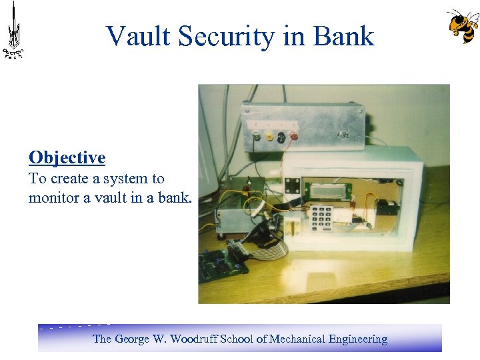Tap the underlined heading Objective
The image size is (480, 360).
tap(67, 158)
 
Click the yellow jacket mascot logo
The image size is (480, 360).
tap(462, 26)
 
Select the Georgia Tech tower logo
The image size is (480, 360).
tap(13, 30)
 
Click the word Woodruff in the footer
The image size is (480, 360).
tap(193, 339)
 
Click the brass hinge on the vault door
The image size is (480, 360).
tap(291, 231)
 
